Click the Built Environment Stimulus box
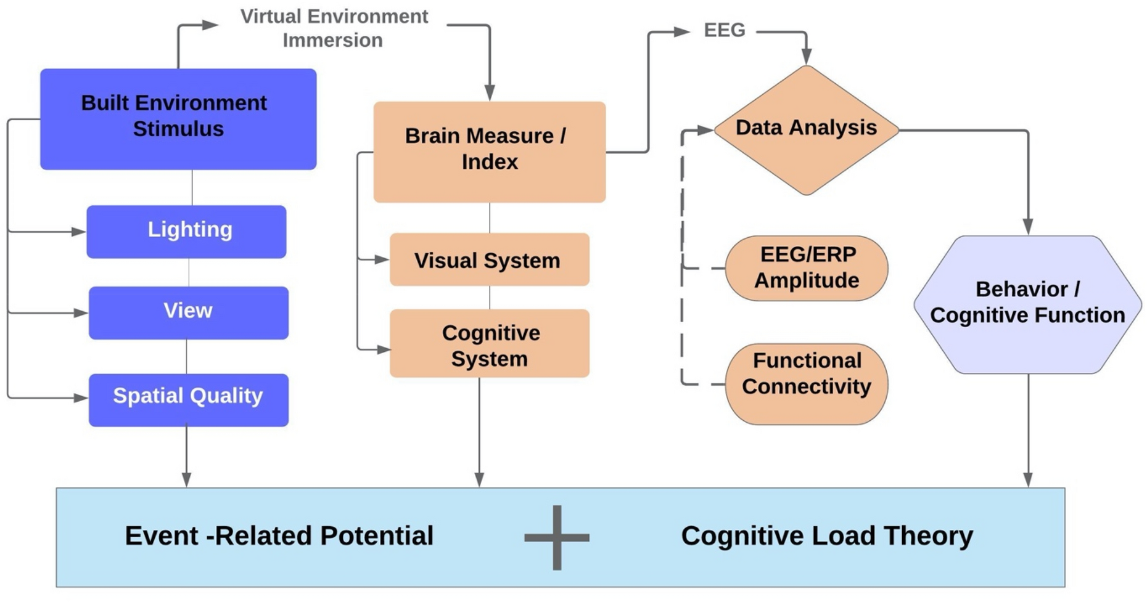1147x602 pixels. [x=178, y=119]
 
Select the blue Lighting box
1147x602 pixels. [x=186, y=232]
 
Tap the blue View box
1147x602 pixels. [x=189, y=312]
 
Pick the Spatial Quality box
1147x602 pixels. [x=189, y=400]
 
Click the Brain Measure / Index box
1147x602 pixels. [x=490, y=152]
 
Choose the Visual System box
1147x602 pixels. [x=490, y=259]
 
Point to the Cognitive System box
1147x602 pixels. [x=490, y=343]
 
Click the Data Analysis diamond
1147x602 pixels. [x=806, y=130]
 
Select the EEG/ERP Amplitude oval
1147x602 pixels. [x=807, y=268]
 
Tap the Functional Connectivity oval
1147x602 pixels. [x=807, y=384]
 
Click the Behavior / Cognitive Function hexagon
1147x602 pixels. [x=1027, y=304]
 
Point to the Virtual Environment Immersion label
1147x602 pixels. [x=334, y=28]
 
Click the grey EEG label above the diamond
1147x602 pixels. [x=725, y=30]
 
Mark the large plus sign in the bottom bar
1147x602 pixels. [x=557, y=537]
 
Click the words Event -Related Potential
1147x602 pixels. [x=279, y=535]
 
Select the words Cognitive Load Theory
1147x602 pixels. [x=827, y=536]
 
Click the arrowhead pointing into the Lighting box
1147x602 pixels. [x=79, y=232]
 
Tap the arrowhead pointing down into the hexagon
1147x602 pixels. [x=1028, y=227]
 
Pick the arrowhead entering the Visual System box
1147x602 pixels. [x=382, y=260]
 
